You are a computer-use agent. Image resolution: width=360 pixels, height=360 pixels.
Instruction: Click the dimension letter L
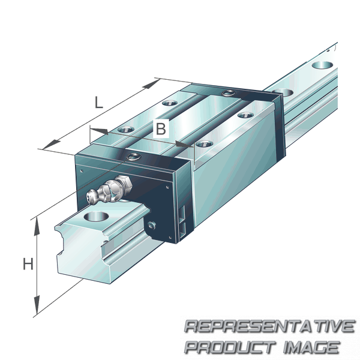(x=99, y=102)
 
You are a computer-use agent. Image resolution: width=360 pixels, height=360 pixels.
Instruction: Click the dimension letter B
(x=160, y=128)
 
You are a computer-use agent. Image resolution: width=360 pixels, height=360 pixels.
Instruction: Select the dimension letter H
(x=28, y=263)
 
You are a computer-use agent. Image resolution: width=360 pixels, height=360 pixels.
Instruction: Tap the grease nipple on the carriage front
(x=104, y=191)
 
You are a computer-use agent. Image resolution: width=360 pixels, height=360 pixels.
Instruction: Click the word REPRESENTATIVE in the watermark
(x=269, y=327)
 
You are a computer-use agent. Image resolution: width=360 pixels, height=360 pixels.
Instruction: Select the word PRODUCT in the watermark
(x=229, y=347)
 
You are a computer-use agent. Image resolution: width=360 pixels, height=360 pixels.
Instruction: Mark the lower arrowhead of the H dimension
(x=37, y=307)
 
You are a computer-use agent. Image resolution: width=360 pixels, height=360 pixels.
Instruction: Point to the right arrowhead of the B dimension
(x=182, y=144)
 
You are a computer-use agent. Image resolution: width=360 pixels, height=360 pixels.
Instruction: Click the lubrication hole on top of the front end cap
(x=134, y=158)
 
